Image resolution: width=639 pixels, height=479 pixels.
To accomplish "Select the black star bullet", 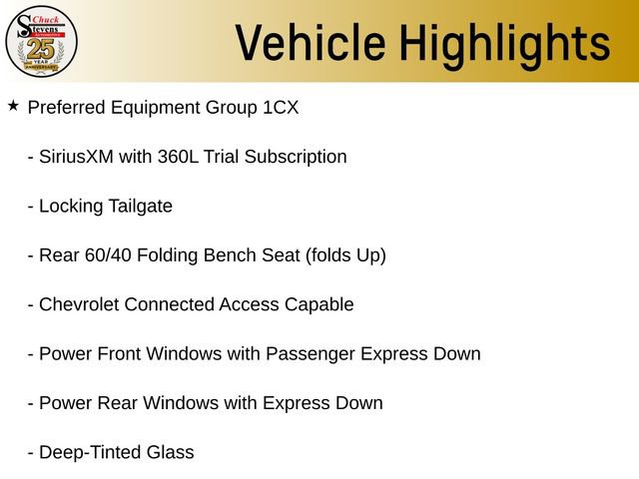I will (x=13, y=105).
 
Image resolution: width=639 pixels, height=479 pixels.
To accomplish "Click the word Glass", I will (x=172, y=452).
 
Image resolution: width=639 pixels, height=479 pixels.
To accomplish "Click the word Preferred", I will (x=67, y=107).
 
